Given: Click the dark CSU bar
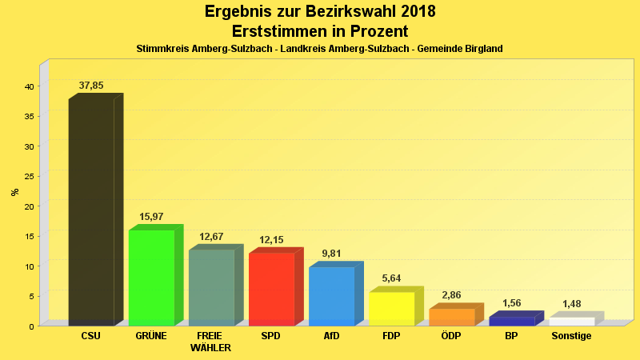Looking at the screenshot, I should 91,212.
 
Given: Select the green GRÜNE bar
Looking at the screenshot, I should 151,278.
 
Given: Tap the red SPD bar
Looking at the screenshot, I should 271,289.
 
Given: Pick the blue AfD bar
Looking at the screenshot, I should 331,296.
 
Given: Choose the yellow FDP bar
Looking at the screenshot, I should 391,309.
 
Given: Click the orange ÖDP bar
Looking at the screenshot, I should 451,317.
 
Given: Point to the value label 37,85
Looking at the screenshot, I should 91,86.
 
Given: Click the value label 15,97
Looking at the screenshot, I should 151,217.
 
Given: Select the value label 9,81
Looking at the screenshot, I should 331,254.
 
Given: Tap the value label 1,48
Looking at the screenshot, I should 571,304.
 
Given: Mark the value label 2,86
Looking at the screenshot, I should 451,295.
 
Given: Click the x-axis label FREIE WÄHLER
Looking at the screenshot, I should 211,342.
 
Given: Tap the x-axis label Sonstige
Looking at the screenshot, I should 571,336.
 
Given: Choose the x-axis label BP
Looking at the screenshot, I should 511,336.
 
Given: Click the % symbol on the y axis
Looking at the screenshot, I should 14,192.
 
